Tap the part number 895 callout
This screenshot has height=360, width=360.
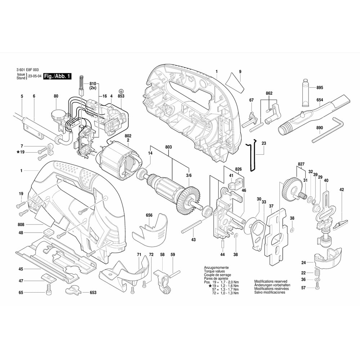(x=320, y=88)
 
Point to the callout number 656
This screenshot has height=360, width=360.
(x=149, y=215)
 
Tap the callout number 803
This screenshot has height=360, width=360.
(x=168, y=137)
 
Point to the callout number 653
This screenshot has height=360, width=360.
(x=93, y=293)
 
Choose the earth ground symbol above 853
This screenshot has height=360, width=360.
(x=121, y=90)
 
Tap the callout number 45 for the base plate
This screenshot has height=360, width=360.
(x=21, y=269)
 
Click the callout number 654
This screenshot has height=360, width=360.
(x=320, y=100)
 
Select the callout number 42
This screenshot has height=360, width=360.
(x=342, y=189)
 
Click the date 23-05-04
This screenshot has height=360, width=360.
(x=35, y=76)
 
